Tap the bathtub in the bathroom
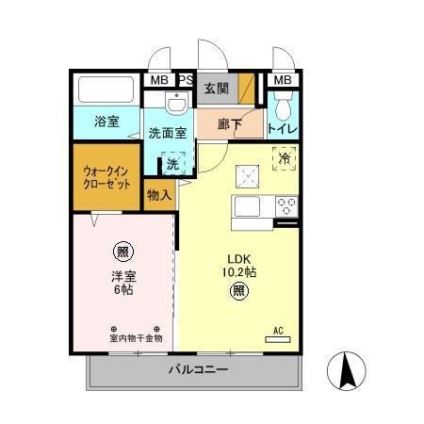coord(106,91)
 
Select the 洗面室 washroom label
coord(170,133)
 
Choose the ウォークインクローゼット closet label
coord(106,177)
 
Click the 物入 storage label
coord(159,195)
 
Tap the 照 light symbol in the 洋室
coord(122,252)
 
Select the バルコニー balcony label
coord(198,370)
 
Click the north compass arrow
coord(347,370)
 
